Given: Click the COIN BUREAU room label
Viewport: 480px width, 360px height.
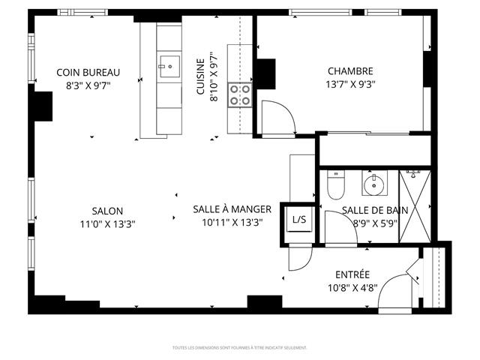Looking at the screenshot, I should pyautogui.click(x=88, y=73).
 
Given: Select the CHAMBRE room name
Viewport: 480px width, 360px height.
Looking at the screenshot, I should pyautogui.click(x=350, y=71).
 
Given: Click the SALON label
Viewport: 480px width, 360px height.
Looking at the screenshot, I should pyautogui.click(x=107, y=211).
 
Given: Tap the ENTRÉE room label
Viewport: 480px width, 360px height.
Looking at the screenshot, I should pyautogui.click(x=352, y=274).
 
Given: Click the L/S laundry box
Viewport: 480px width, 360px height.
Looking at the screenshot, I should pyautogui.click(x=299, y=220).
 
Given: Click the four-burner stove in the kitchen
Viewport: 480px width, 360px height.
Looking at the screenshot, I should pyautogui.click(x=240, y=94).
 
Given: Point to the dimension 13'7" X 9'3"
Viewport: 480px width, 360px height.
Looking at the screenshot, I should pyautogui.click(x=351, y=84).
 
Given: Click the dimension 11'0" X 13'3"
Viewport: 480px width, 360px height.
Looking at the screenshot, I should pyautogui.click(x=107, y=223).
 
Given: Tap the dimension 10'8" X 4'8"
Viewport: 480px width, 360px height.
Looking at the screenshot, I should pyautogui.click(x=352, y=286).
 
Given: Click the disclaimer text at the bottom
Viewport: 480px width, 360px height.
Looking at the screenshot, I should pyautogui.click(x=239, y=347).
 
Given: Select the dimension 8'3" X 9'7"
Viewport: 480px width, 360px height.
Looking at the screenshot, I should pyautogui.click(x=88, y=85).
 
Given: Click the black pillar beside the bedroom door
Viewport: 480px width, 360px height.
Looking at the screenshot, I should pyautogui.click(x=265, y=73).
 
